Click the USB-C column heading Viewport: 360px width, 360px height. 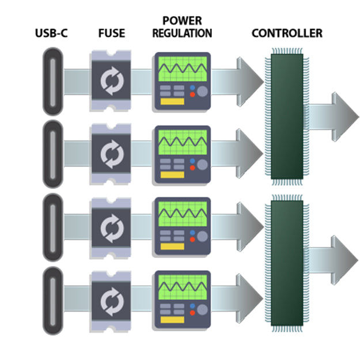[51, 33]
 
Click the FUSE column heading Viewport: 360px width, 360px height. [111, 33]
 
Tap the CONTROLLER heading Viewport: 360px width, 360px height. [287, 33]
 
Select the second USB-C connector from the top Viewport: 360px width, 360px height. [52, 154]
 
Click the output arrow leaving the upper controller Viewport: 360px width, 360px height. [334, 113]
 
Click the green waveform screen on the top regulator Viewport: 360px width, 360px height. [183, 70]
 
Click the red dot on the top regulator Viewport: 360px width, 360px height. [192, 94]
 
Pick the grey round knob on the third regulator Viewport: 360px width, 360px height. [202, 236]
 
